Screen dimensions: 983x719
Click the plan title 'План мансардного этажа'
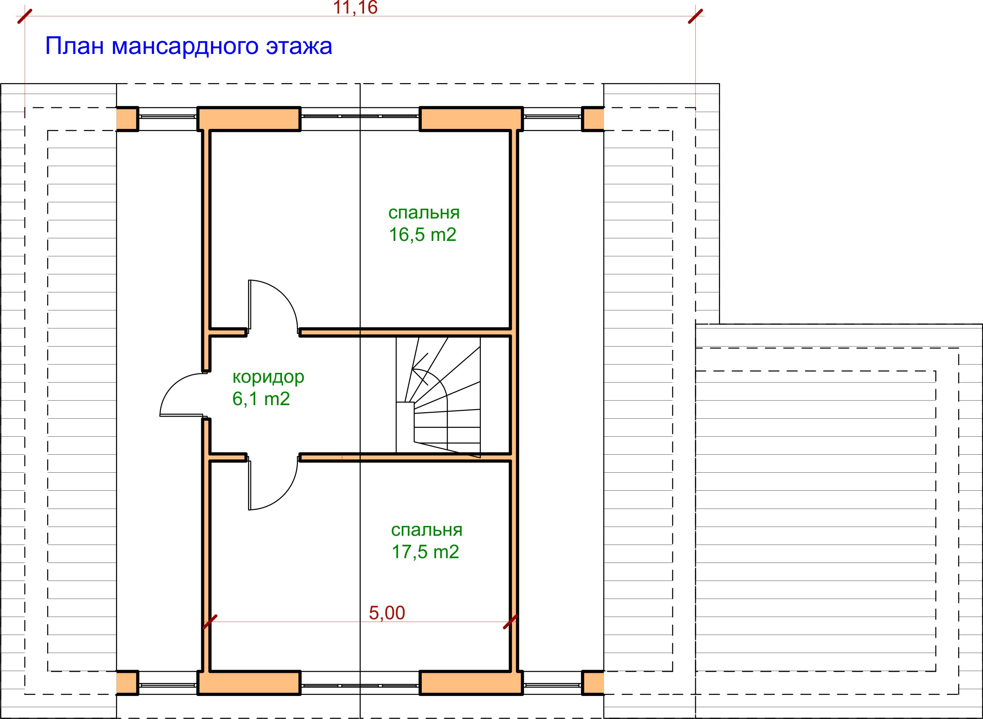click(188, 46)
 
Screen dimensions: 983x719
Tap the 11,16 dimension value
click(355, 7)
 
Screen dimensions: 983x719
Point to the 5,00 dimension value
click(387, 613)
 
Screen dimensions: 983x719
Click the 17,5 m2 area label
click(426, 552)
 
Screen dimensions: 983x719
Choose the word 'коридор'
click(268, 377)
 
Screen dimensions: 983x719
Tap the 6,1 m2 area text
click(261, 399)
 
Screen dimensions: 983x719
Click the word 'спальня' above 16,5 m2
click(424, 213)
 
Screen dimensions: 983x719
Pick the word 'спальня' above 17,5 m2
click(427, 530)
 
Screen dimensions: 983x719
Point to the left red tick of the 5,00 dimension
click(210, 622)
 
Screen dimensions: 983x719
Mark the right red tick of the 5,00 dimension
click(510, 622)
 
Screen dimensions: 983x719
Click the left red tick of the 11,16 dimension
click(25, 16)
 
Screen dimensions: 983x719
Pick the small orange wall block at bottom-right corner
click(593, 683)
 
